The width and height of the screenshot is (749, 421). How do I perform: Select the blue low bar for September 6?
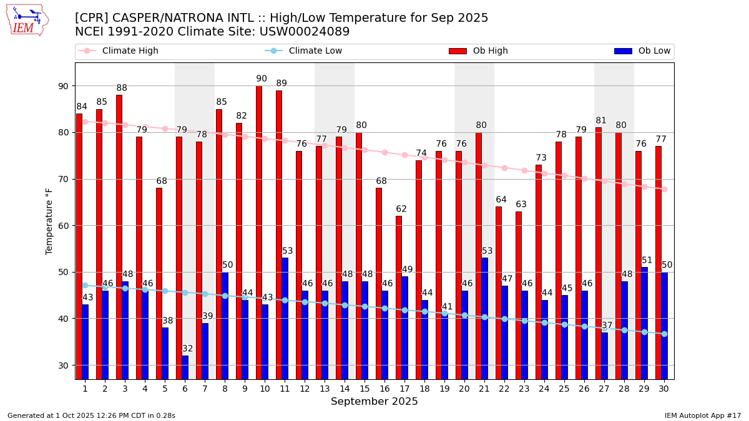185,367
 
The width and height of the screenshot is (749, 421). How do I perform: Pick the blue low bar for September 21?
485,318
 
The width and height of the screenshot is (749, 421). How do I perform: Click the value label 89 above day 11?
281,84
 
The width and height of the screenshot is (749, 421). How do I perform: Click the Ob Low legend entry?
642,51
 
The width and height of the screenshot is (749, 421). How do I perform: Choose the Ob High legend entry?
478,51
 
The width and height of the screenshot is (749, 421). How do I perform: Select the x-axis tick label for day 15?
365,389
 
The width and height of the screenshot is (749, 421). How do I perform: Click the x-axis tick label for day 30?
664,389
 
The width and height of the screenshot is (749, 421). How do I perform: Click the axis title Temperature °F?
50,221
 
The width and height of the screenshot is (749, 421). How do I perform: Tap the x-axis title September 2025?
374,402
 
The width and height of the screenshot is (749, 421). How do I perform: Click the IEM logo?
27,20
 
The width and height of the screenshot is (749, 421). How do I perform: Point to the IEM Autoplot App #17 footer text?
702,415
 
